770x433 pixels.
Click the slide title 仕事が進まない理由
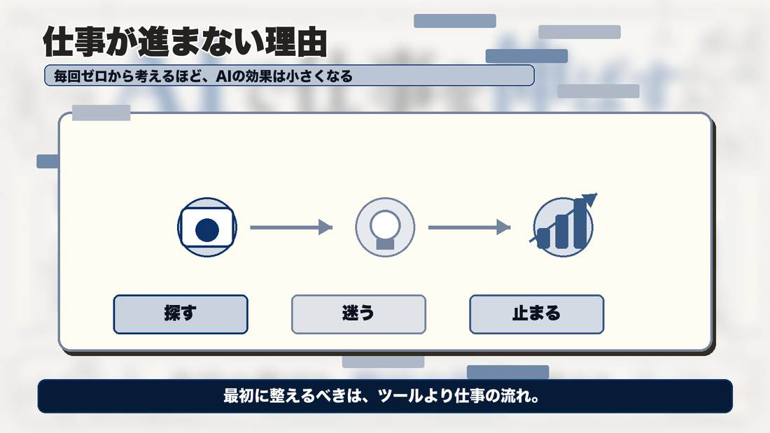[185, 42]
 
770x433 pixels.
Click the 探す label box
[181, 314]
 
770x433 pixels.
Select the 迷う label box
[358, 314]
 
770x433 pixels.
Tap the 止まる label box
[537, 314]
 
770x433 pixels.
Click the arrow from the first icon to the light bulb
[291, 227]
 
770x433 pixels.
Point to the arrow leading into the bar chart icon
[470, 227]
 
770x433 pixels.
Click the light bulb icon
[385, 227]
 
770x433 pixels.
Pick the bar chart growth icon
[563, 226]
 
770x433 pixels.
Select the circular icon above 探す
[207, 227]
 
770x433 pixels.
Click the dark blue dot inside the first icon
[207, 230]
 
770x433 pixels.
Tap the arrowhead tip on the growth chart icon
[597, 194]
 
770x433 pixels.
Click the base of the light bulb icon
[385, 243]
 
